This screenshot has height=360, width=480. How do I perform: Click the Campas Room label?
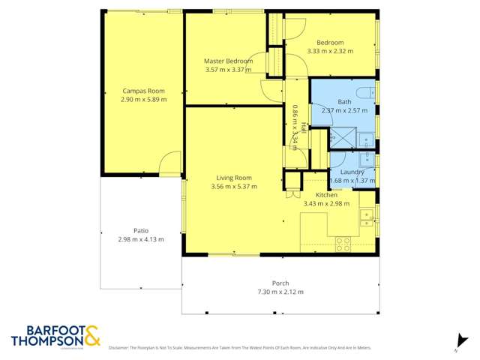click(143, 90)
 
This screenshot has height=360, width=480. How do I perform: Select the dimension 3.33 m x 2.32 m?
click(329, 51)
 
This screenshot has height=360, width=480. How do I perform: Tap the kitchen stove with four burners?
click(343, 244)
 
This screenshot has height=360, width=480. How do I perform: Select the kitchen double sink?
click(367, 217)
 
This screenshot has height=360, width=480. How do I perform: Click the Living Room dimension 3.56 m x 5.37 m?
click(234, 186)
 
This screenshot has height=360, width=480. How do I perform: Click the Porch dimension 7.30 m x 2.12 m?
click(280, 292)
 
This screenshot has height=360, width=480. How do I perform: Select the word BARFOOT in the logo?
click(46, 330)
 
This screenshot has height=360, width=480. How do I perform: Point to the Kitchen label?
click(326, 194)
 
